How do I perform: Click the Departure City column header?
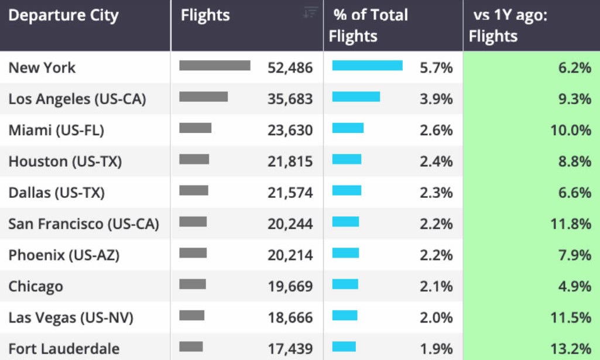pyautogui.click(x=64, y=16)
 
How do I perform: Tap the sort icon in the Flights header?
pyautogui.click(x=310, y=12)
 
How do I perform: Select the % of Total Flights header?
pyautogui.click(x=368, y=25)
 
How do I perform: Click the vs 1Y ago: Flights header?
pyautogui.click(x=508, y=25)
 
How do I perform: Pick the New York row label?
pyautogui.click(x=42, y=68)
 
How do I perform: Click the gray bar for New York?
pyautogui.click(x=215, y=66)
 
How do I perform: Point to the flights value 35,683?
pyautogui.click(x=290, y=99)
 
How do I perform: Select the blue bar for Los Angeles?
pyautogui.click(x=356, y=97)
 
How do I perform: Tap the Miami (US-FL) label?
pyautogui.click(x=56, y=131)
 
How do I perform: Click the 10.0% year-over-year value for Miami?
pyautogui.click(x=571, y=131)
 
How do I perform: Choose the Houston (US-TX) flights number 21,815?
pyautogui.click(x=290, y=162)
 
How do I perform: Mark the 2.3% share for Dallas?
pyautogui.click(x=436, y=193)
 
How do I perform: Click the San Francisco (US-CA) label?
pyautogui.click(x=84, y=224)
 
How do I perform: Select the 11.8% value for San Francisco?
pyautogui.click(x=571, y=224)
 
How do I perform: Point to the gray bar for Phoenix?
pyautogui.click(x=193, y=253)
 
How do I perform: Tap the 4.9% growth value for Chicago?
pyautogui.click(x=575, y=287)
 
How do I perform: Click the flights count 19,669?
pyautogui.click(x=290, y=287)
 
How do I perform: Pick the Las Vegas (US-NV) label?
pyautogui.click(x=71, y=318)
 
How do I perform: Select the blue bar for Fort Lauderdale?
pyautogui.click(x=344, y=347)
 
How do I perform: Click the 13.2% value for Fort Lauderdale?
pyautogui.click(x=571, y=349)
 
